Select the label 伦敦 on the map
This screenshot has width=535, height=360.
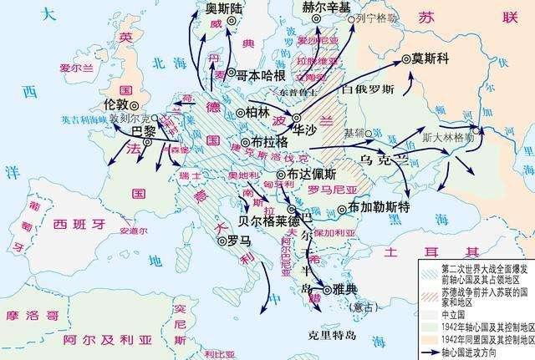(x=117, y=104)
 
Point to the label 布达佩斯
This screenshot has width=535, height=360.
(x=312, y=175)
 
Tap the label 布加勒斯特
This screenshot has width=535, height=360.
(x=380, y=206)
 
